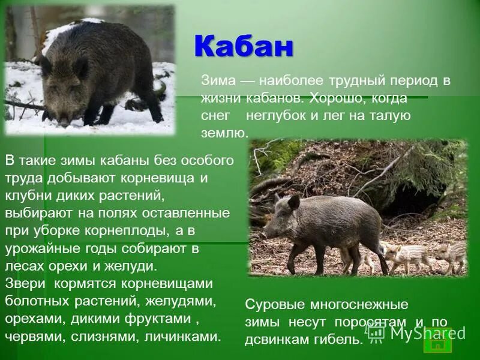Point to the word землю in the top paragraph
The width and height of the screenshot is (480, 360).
click(x=223, y=133)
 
